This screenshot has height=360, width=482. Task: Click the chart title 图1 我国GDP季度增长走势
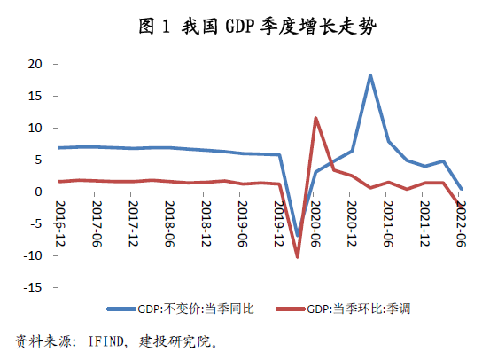tap(242, 26)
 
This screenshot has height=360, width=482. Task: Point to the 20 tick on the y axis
tap(36, 64)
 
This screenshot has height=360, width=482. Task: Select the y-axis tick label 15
tap(36, 96)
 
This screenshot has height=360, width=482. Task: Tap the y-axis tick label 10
tap(36, 128)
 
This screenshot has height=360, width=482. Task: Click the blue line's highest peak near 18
tap(370, 75)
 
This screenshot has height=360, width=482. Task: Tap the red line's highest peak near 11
tap(315, 118)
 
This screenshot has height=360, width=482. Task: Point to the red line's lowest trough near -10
tap(298, 256)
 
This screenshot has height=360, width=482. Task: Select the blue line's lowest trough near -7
tap(298, 236)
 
